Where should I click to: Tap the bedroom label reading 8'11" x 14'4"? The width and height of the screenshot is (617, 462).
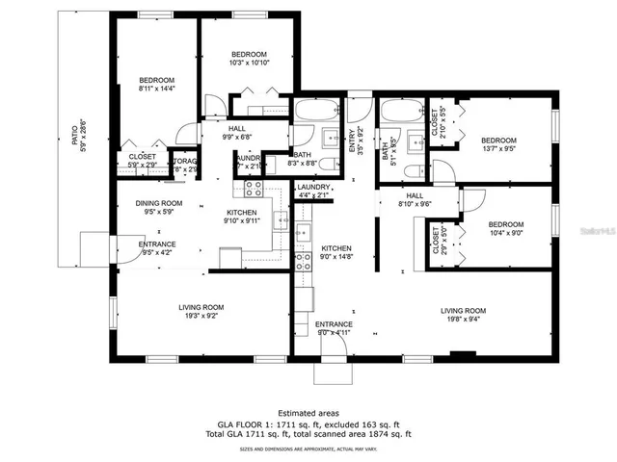[x=155, y=84]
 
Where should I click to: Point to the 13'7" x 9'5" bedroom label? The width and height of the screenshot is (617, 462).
[x=498, y=144]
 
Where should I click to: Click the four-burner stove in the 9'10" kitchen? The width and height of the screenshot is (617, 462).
[x=254, y=188]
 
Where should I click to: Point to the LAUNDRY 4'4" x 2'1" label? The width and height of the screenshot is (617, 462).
[x=314, y=191]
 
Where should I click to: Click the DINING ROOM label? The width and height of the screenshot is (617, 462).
[x=158, y=207]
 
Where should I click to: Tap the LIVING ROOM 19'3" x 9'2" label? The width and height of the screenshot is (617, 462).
[x=201, y=312]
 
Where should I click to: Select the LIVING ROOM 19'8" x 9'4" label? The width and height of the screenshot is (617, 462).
[x=463, y=315]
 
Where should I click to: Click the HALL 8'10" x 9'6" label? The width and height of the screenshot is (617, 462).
[x=416, y=199]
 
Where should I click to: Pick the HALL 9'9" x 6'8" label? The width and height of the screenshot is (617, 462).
[x=236, y=133]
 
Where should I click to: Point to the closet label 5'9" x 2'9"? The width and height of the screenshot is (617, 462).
[x=142, y=160]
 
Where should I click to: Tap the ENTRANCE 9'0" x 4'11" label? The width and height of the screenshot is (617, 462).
[x=334, y=328]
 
